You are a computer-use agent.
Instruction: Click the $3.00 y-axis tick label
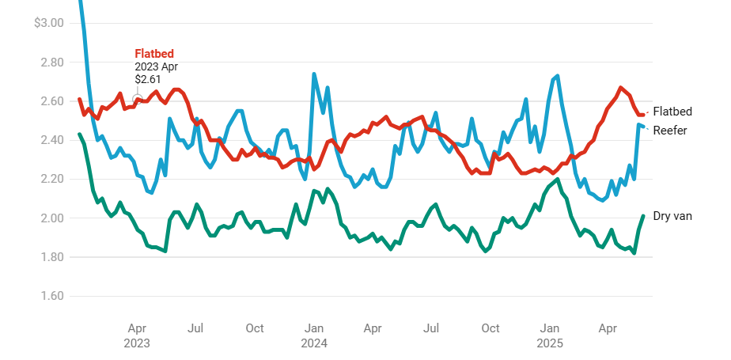point(49,23)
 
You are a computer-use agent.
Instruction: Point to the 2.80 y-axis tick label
point(52,63)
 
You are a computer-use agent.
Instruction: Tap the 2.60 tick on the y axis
point(52,101)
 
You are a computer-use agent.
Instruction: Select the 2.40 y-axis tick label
point(52,140)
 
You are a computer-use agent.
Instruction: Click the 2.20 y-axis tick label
point(52,180)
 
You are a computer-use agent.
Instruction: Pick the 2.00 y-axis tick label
point(52,218)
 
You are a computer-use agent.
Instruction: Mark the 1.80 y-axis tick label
point(52,258)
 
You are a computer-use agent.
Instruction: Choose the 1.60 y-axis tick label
point(52,297)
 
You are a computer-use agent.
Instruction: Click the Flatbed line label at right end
point(672,112)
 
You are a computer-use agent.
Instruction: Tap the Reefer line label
point(670,131)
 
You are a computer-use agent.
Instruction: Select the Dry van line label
point(672,215)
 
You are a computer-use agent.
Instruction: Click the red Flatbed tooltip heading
point(154,54)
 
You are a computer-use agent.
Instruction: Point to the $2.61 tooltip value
point(148,79)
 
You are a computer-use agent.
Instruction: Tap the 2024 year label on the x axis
point(314,343)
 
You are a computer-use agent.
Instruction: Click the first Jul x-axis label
point(196,328)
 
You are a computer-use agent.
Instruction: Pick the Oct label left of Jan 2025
point(490,328)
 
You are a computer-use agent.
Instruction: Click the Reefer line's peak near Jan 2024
point(314,74)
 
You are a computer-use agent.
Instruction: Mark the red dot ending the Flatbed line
point(643,115)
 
